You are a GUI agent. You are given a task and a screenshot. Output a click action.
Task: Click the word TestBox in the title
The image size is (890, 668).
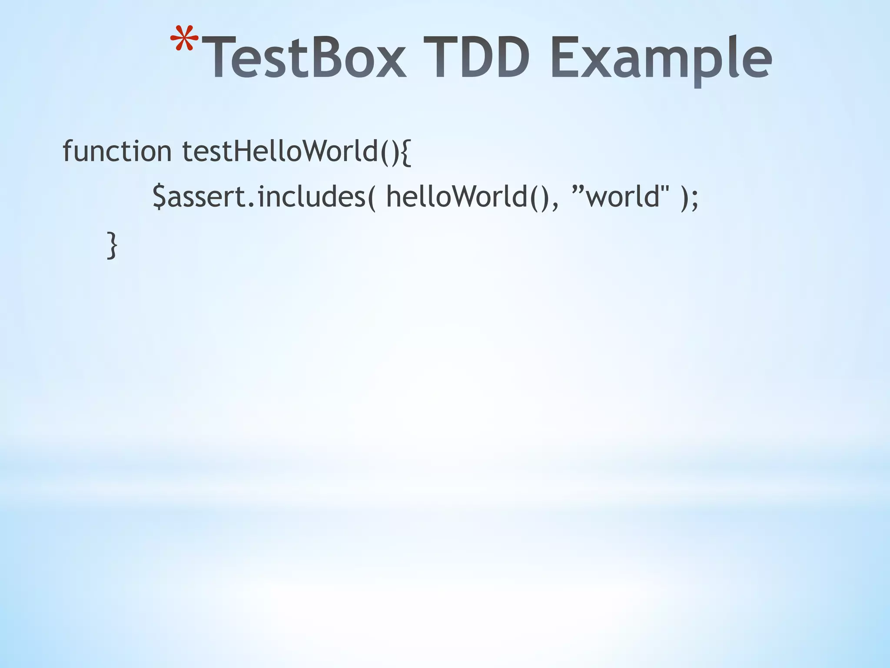point(304,59)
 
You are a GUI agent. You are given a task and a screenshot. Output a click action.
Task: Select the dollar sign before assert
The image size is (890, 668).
point(159,197)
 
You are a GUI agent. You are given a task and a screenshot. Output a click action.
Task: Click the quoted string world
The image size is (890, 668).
point(621,197)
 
